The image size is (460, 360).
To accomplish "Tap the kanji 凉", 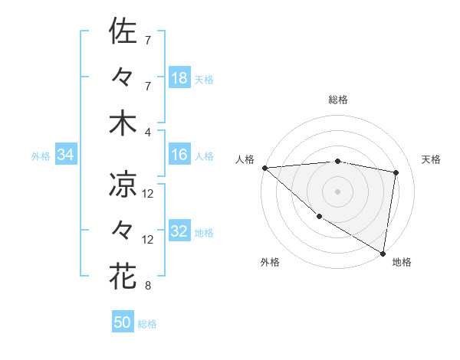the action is point(123,184).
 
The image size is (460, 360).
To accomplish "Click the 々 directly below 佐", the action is point(123,77).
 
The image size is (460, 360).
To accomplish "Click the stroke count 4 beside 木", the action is point(148,131).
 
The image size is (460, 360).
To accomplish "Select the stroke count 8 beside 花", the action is point(148,286).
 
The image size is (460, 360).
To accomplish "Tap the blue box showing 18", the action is point(179,78).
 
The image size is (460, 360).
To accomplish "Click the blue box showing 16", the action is point(179,155).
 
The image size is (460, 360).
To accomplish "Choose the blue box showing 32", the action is point(179,231).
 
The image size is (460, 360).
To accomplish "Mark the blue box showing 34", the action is point(66,155).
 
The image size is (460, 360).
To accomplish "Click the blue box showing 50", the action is point(123,322).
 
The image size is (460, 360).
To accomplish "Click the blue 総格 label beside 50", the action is point(147,324).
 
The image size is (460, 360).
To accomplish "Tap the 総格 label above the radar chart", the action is point(338,100).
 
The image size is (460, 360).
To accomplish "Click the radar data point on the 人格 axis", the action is point(264,168).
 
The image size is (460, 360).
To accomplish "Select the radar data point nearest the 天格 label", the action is point(396,172).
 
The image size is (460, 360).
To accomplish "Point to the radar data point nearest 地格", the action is point(383,252).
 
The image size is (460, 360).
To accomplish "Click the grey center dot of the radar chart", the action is point(338,191).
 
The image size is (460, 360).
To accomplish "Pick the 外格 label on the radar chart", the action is point(270,262).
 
